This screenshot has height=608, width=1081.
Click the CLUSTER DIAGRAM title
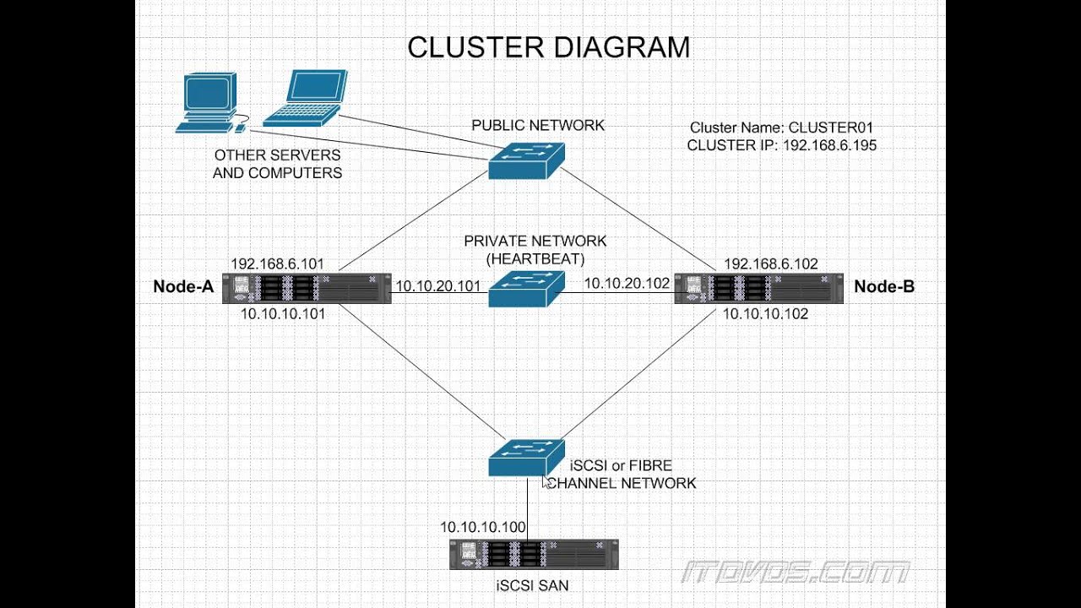(548, 47)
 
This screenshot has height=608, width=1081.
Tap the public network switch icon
(525, 160)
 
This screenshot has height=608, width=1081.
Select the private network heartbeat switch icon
(525, 288)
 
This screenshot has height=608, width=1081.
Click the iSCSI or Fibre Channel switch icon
(525, 457)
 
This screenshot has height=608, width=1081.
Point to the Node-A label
(183, 287)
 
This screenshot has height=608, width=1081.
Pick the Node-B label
(884, 287)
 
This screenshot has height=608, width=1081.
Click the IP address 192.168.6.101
(278, 264)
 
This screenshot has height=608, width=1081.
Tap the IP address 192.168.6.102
(771, 264)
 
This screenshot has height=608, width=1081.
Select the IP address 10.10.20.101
(438, 287)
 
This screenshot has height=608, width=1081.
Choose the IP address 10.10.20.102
(627, 284)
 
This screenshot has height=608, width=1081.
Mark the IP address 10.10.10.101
(283, 313)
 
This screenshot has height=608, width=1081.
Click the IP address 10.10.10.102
(766, 313)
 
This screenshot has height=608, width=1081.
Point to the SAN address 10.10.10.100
(483, 528)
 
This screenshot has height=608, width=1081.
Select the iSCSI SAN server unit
(534, 555)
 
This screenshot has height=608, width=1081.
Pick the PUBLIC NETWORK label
(538, 126)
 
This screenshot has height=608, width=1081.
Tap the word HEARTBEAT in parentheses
(535, 258)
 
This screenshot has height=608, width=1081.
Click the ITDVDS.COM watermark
(796, 573)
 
